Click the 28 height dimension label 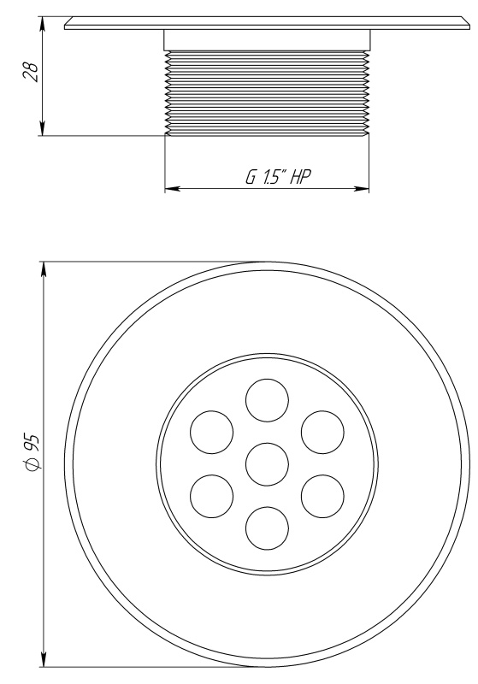pos(31,71)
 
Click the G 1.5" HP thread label pos(278,177)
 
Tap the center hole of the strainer pos(267,464)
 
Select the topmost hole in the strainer pos(267,400)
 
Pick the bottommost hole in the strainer pos(267,528)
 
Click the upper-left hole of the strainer pos(211,432)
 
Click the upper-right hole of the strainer pos(322,432)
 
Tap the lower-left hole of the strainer pos(211,497)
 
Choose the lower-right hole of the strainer pos(322,497)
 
